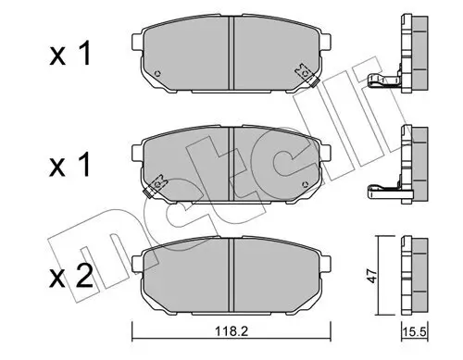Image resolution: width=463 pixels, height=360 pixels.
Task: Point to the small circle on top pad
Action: [159, 75]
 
